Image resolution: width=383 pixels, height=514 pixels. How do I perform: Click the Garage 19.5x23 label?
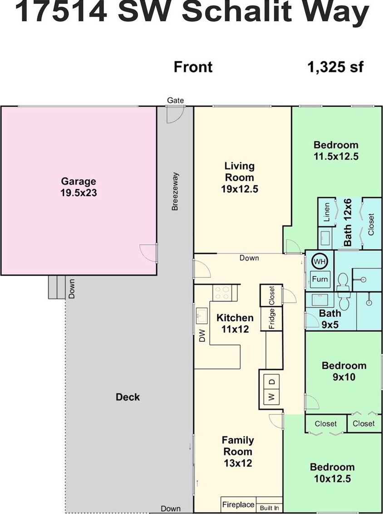[x=79, y=187]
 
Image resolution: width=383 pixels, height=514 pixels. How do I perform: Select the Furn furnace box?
[x=320, y=279]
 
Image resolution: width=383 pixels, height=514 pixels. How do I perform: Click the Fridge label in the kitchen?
[x=271, y=319]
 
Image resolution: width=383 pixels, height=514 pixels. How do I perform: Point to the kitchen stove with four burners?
[x=222, y=292]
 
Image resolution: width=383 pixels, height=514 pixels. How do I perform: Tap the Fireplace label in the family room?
[x=238, y=504]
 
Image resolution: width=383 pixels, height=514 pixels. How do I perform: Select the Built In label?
[x=269, y=508]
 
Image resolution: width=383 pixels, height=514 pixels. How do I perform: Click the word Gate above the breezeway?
[x=176, y=100]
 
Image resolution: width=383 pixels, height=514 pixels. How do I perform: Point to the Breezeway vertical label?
[x=175, y=191]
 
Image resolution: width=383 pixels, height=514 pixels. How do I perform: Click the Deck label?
[x=128, y=397]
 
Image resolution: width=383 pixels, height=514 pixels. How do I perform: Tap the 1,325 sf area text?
[x=335, y=67]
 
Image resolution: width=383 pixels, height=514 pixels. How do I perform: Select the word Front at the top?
[x=193, y=67]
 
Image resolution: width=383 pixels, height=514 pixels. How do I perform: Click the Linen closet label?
[x=327, y=212]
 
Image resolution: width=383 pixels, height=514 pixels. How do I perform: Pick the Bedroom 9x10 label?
[x=344, y=371]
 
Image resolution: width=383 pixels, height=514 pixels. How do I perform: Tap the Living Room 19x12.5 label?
[x=240, y=178]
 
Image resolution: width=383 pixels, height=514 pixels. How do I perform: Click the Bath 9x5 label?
[x=330, y=319]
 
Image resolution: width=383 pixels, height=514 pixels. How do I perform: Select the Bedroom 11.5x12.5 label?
[x=336, y=150]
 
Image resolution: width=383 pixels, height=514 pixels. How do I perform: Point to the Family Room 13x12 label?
[x=238, y=451]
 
